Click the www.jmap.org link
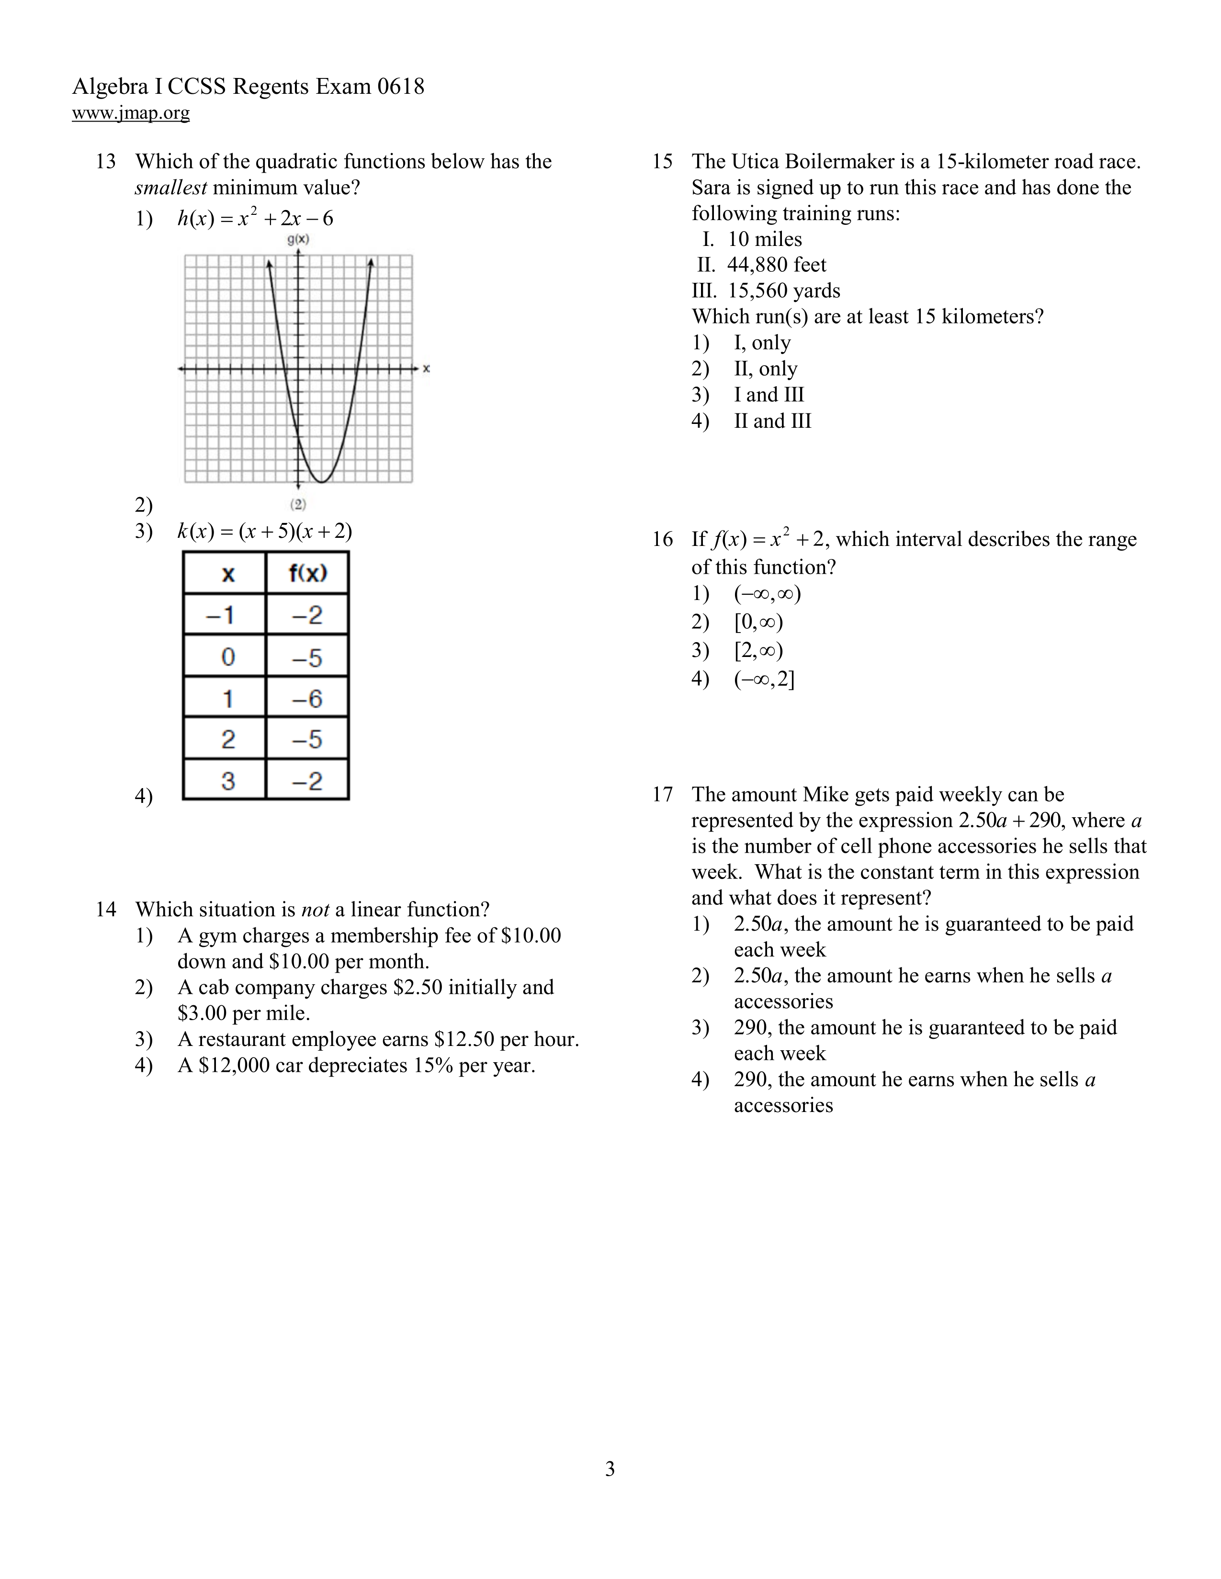pyautogui.click(x=131, y=113)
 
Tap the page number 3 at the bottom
pyautogui.click(x=610, y=1469)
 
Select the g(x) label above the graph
pyautogui.click(x=298, y=239)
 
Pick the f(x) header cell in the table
pyautogui.click(x=307, y=573)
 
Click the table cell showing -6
pyautogui.click(x=307, y=699)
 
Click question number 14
pyautogui.click(x=106, y=910)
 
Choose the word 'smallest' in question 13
pyautogui.click(x=171, y=188)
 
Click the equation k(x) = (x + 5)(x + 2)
pyautogui.click(x=265, y=532)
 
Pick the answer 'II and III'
pyautogui.click(x=772, y=421)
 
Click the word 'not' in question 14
pyautogui.click(x=315, y=910)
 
